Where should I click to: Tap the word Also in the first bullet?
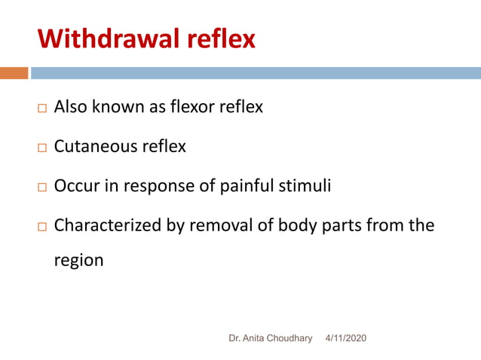pyautogui.click(x=71, y=107)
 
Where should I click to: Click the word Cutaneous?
pyautogui.click(x=96, y=146)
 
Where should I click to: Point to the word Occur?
pyautogui.click(x=75, y=185)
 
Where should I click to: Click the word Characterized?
pyautogui.click(x=106, y=224)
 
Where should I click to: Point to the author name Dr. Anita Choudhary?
pyautogui.click(x=270, y=339)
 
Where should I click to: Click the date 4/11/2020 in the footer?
pyautogui.click(x=345, y=339)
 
